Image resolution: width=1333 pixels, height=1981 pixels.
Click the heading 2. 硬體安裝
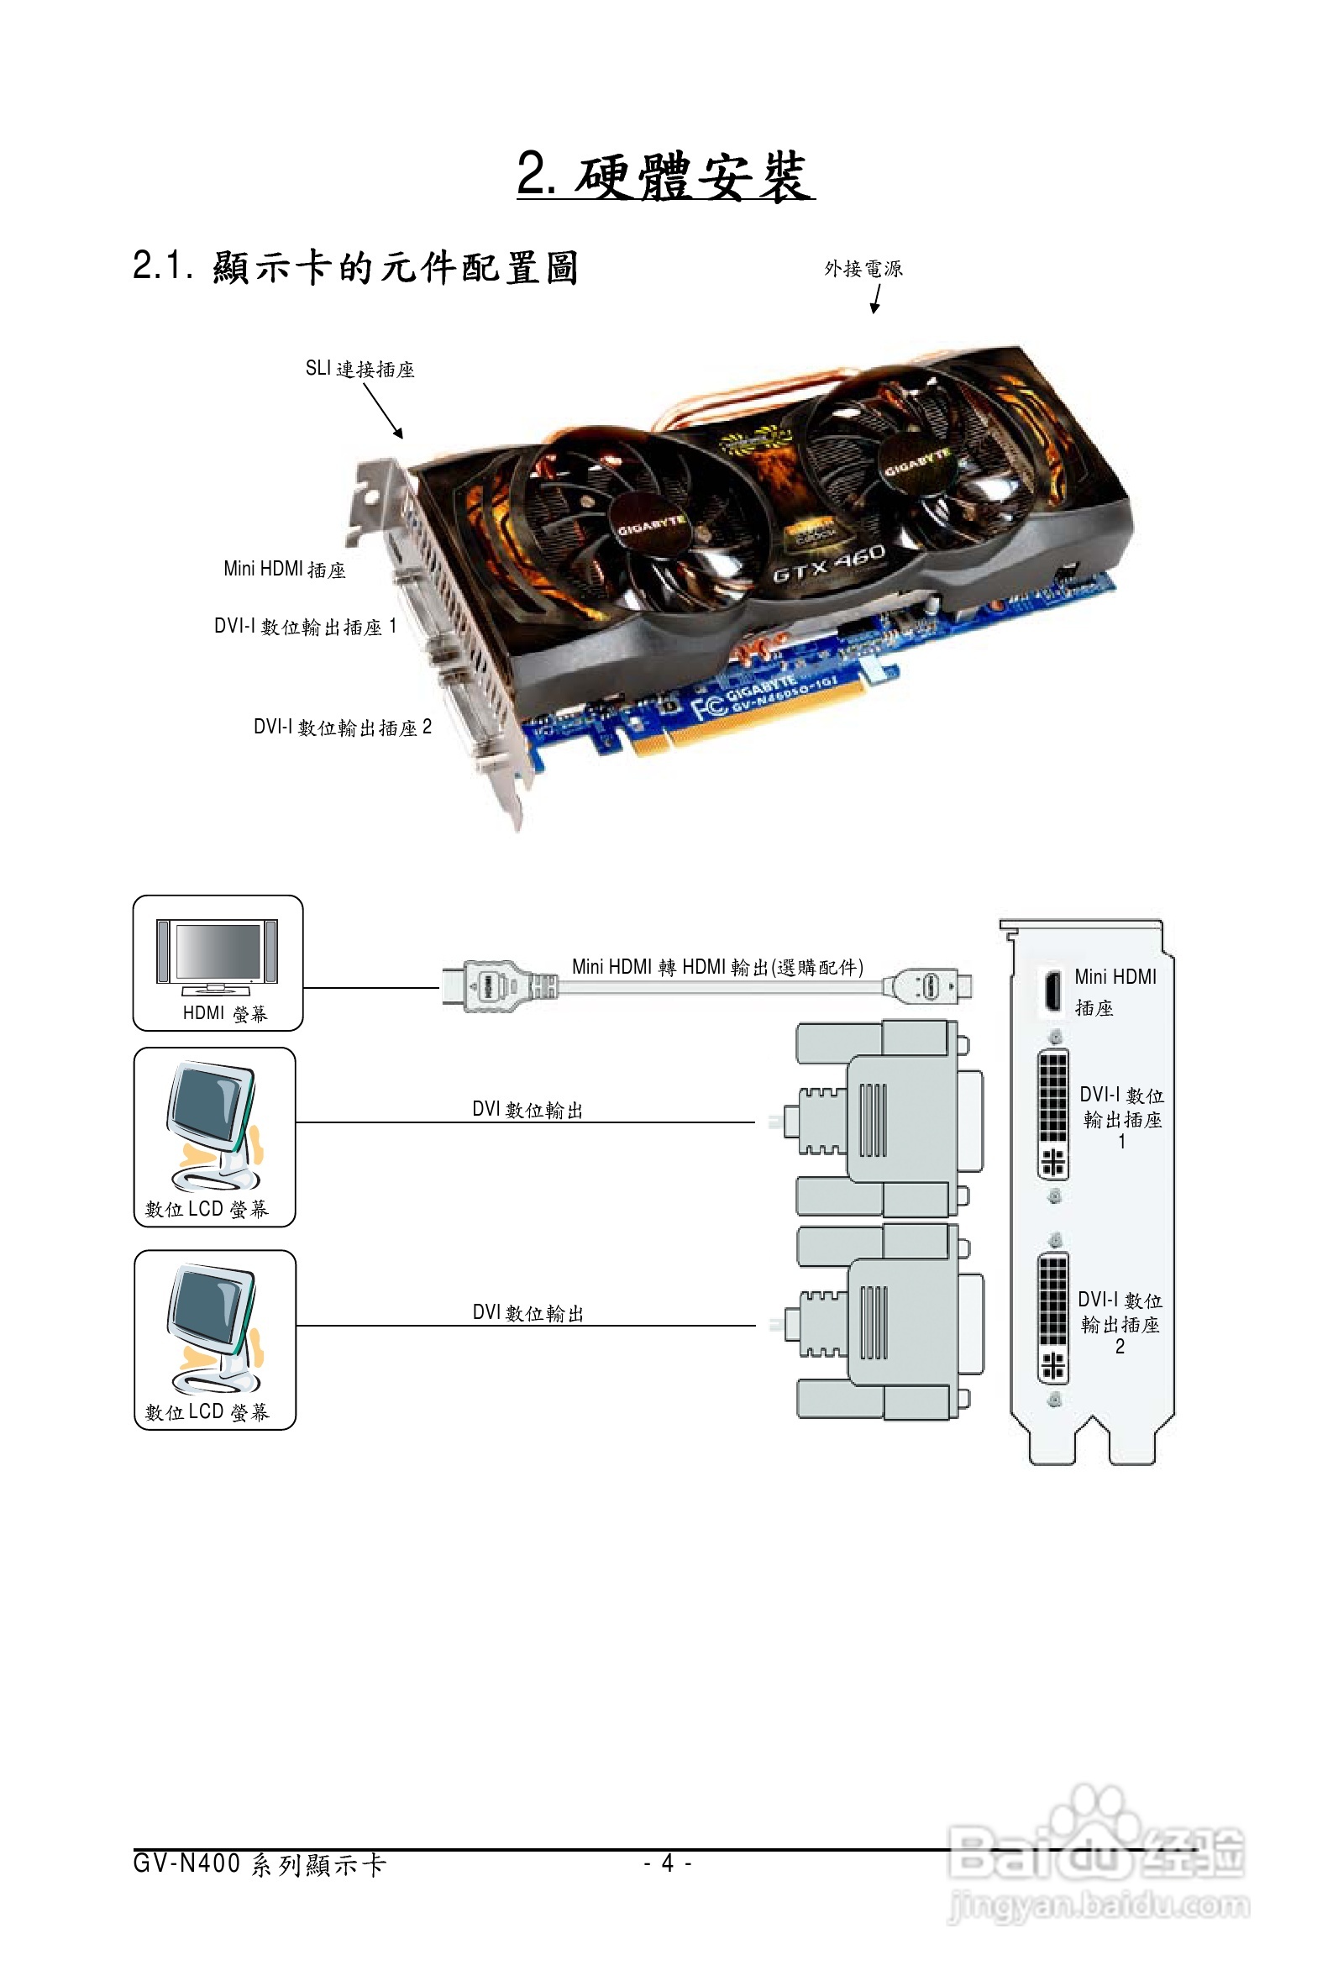click(664, 176)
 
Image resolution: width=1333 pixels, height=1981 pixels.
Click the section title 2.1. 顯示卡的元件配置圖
click(355, 267)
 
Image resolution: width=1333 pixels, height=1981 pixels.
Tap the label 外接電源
click(863, 269)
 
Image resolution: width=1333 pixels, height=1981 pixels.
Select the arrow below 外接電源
click(875, 298)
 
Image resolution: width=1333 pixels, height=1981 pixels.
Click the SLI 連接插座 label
click(359, 369)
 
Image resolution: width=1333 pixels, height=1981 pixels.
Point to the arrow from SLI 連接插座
click(383, 411)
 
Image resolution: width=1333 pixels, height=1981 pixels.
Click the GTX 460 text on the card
click(829, 564)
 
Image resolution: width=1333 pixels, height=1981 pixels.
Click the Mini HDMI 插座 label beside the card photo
click(284, 569)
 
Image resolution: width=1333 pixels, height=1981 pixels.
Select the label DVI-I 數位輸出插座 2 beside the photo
click(342, 727)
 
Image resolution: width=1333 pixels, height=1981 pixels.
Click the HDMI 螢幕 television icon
click(217, 957)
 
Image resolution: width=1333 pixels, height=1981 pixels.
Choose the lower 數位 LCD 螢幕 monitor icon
click(213, 1327)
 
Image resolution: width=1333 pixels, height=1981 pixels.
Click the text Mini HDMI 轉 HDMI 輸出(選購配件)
click(716, 967)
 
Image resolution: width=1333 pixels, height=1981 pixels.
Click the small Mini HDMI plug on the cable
click(930, 986)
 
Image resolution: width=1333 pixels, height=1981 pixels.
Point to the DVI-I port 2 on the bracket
click(1052, 1319)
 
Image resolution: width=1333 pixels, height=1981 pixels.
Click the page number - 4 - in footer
click(668, 1863)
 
